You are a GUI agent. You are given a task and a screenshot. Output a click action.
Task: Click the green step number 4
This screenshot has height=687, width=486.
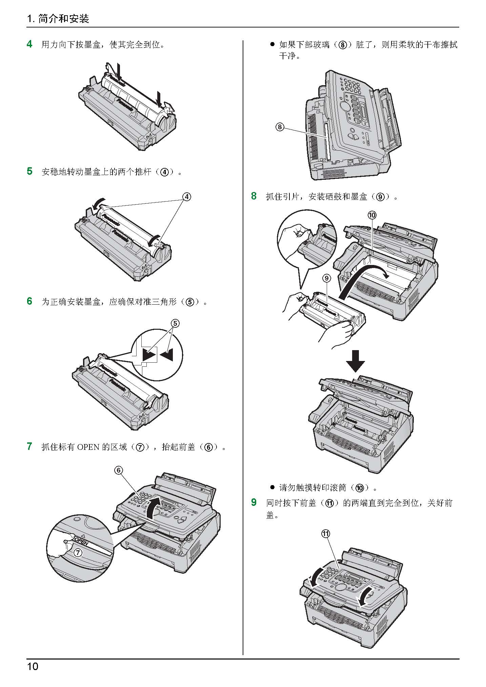tap(30, 44)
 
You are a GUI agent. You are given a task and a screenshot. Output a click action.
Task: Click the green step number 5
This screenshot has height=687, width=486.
tap(30, 171)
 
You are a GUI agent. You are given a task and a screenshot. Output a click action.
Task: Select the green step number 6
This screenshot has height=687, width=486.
tap(30, 301)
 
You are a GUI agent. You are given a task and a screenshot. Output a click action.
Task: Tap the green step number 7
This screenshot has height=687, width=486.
tap(30, 446)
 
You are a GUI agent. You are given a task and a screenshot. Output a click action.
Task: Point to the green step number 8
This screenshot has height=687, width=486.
tap(254, 196)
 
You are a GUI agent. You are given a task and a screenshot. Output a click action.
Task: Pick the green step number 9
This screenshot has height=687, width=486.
tap(254, 502)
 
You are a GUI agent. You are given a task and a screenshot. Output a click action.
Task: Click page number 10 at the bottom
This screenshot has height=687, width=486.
tap(33, 667)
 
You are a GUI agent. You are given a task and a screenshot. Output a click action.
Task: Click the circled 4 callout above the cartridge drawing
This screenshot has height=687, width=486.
tap(186, 197)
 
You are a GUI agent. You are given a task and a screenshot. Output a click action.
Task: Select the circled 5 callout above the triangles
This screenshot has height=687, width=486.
tap(175, 323)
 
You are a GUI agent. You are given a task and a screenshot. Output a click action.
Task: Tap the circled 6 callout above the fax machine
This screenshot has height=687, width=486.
tap(118, 470)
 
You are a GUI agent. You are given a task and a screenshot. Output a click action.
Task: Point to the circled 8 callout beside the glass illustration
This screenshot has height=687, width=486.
tap(279, 127)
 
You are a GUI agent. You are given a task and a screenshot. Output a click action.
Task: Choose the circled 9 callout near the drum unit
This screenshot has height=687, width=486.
tap(326, 279)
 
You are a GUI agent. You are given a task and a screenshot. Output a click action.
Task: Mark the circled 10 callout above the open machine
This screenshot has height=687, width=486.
tap(372, 215)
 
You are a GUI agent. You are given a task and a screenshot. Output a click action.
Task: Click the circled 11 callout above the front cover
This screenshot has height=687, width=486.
tap(325, 534)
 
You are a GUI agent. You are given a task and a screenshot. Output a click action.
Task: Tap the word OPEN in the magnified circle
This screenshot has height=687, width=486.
tap(81, 541)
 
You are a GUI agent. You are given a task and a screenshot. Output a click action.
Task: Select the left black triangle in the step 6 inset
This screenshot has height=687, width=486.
tap(148, 355)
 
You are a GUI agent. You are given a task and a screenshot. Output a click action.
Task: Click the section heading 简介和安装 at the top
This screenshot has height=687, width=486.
tap(64, 19)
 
